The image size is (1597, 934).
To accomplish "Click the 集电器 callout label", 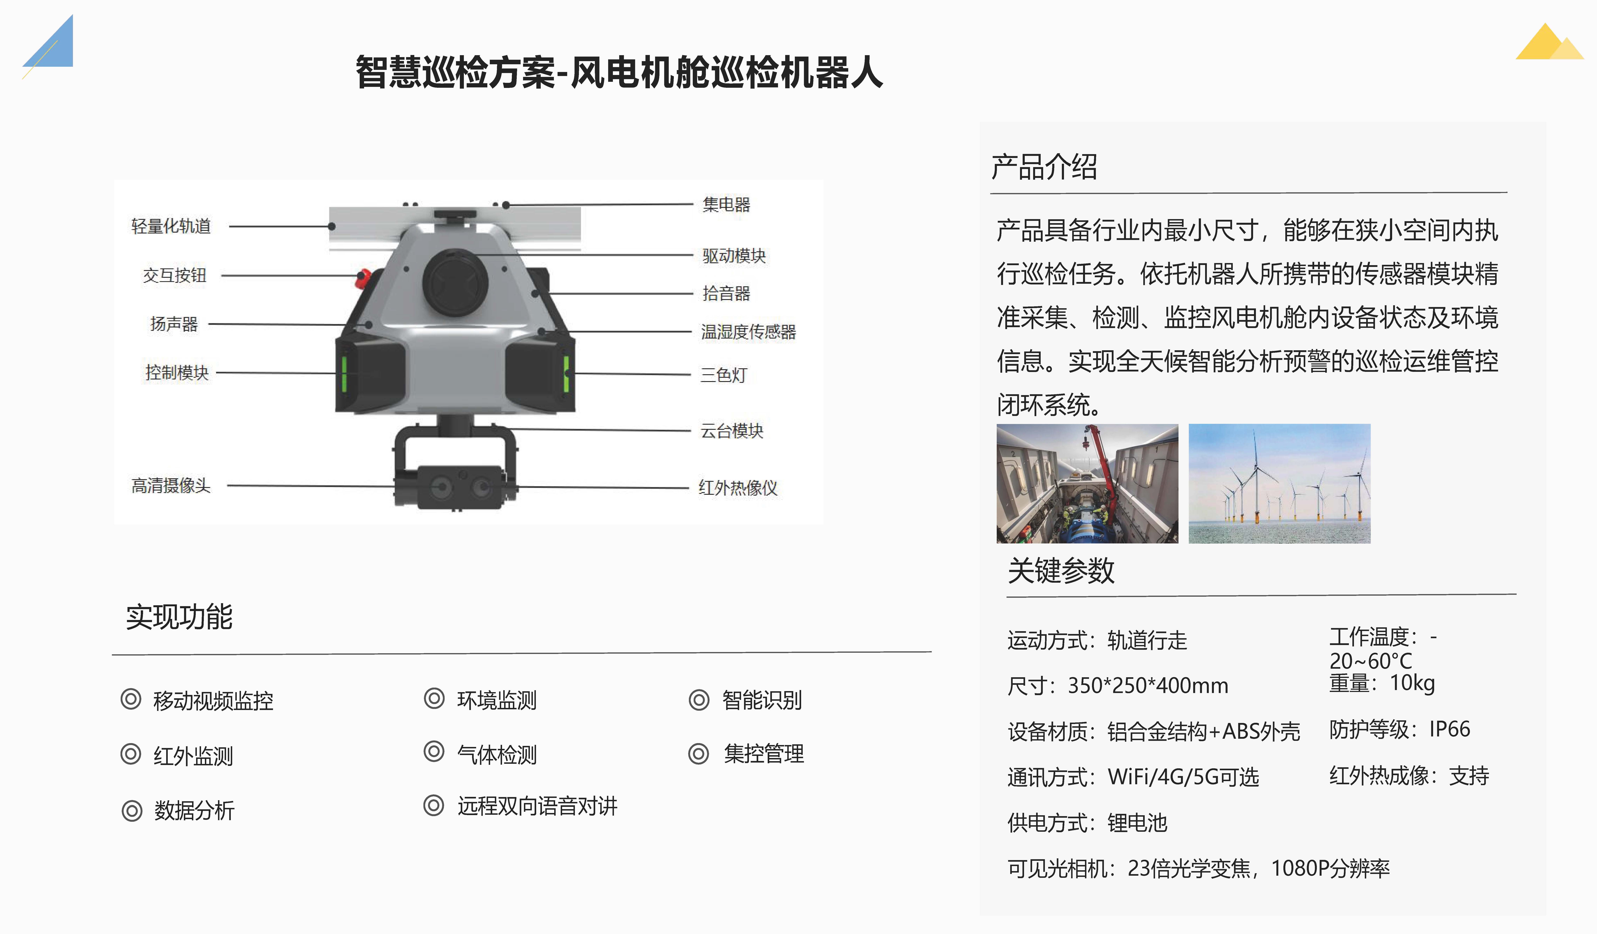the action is click(726, 204).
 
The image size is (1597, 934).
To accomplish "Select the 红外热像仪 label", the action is click(738, 487).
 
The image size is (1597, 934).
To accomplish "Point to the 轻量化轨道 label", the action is click(171, 226).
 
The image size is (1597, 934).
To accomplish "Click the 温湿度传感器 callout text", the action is click(748, 331).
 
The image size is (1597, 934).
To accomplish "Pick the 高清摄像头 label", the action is click(171, 485).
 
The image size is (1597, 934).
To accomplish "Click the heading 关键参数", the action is click(1061, 570).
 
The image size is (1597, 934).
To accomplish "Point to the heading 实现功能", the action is click(179, 616).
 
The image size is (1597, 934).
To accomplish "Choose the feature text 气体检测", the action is click(497, 754).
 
